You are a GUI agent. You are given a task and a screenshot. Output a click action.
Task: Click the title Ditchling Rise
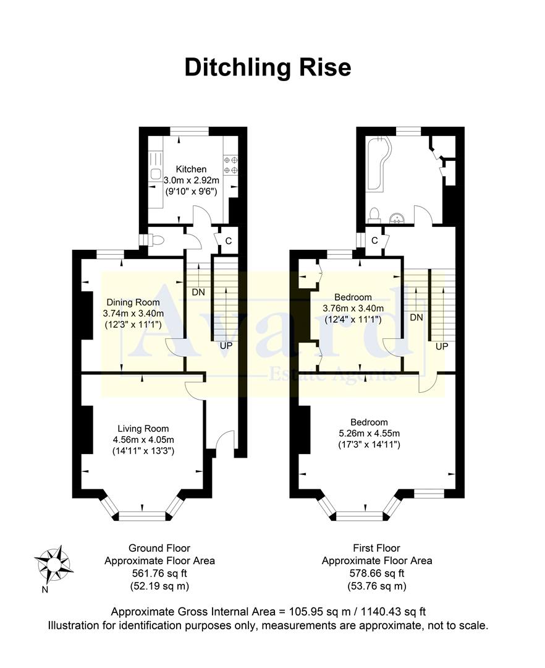click(268, 67)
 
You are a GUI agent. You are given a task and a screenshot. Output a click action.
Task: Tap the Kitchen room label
click(191, 169)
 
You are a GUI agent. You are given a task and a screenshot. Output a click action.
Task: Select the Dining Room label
click(131, 302)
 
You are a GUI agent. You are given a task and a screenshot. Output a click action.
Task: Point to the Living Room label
click(143, 429)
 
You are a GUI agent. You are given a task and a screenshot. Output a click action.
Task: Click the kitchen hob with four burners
click(230, 163)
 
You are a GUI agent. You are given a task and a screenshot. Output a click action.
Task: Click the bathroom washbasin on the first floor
click(398, 216)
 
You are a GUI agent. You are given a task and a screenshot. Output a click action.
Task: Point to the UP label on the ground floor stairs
click(226, 345)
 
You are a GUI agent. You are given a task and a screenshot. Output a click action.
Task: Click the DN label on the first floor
click(416, 317)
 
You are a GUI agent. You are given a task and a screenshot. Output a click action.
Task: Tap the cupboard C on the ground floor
click(227, 241)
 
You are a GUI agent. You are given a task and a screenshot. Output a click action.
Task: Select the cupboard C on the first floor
click(374, 241)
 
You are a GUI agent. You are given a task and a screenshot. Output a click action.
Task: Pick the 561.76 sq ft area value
click(159, 573)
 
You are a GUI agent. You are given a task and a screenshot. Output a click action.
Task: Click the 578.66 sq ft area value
click(376, 573)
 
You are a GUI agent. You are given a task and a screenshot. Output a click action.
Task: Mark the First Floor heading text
click(376, 548)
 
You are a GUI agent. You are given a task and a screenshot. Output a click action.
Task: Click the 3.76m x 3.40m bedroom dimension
click(353, 309)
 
